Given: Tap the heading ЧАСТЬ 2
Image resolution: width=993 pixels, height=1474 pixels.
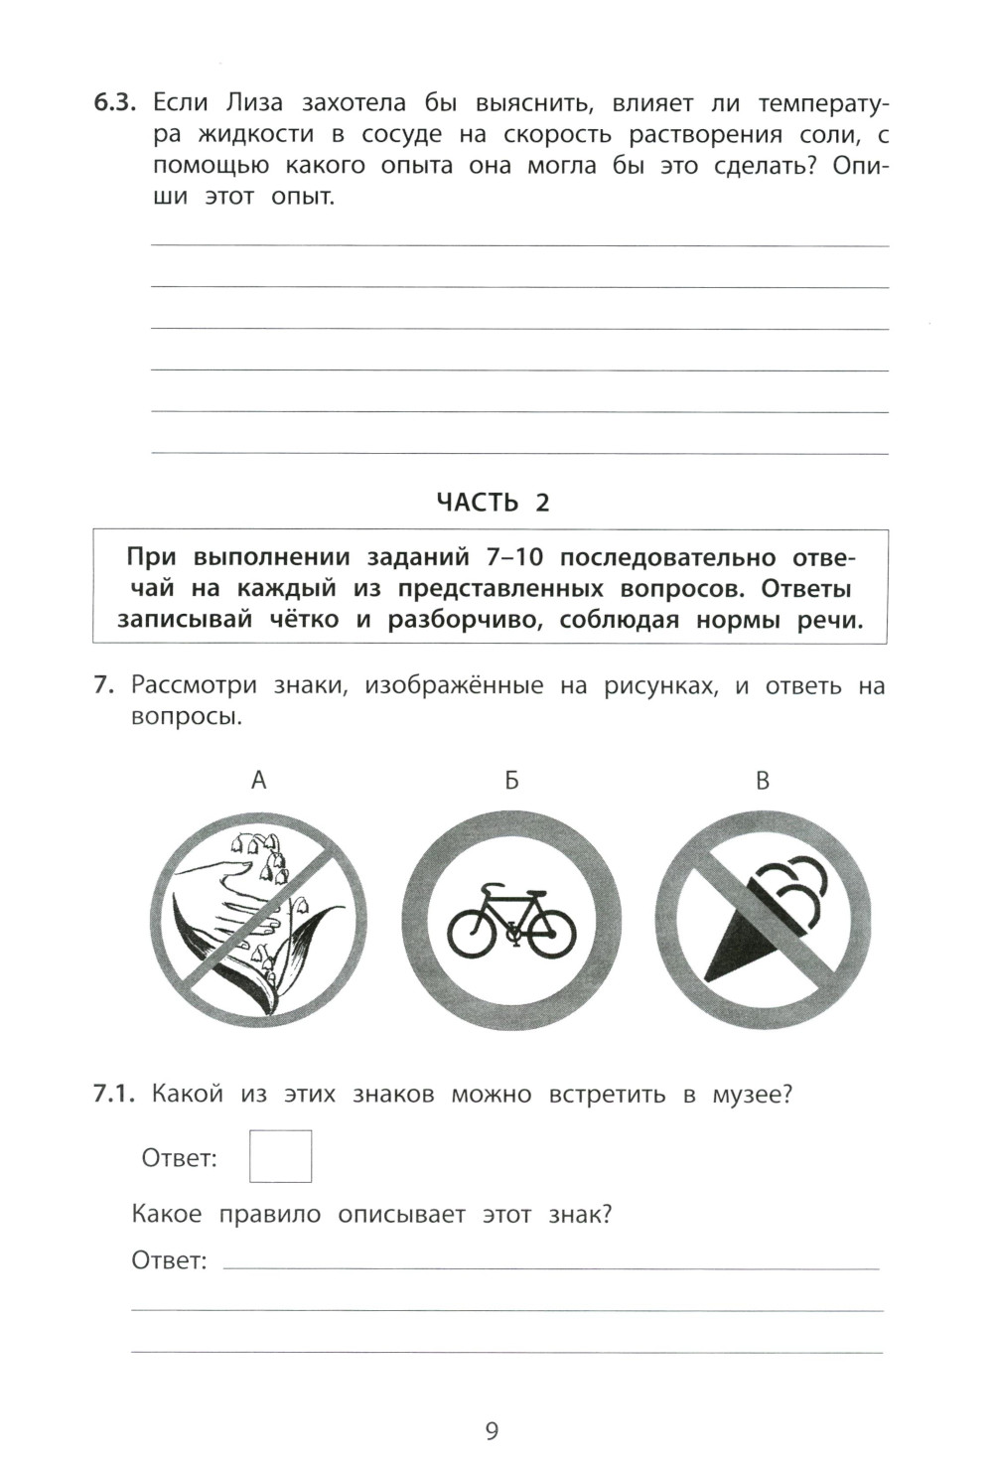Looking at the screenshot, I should click(x=493, y=503).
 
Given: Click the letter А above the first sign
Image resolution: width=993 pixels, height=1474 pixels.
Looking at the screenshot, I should click(x=258, y=781).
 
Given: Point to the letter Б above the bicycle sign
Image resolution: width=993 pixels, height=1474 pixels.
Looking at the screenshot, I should click(x=510, y=781).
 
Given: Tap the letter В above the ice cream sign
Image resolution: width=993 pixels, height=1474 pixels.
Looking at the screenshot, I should click(x=762, y=781).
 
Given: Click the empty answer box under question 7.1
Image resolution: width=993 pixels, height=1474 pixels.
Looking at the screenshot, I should click(x=280, y=1156).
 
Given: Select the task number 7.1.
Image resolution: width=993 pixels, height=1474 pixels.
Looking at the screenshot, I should click(x=113, y=1095).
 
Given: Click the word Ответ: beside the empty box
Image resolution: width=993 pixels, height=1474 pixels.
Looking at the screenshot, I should click(x=179, y=1158).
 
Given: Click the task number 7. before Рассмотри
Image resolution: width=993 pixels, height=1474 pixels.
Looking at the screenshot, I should click(x=105, y=685).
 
